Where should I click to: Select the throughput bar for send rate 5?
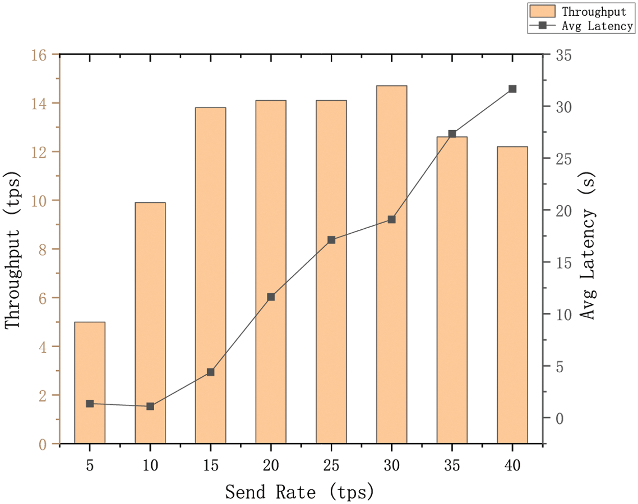click(90, 383)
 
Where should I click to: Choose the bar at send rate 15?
click(210, 276)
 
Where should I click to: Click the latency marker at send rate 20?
click(271, 297)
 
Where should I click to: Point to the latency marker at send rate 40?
click(512, 89)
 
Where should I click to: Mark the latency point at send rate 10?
click(150, 406)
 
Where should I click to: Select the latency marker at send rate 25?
click(331, 240)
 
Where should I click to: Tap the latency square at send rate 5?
click(90, 404)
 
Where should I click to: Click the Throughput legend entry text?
click(594, 12)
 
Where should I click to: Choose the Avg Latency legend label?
click(597, 26)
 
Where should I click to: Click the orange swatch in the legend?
click(543, 11)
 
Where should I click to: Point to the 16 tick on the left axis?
click(39, 55)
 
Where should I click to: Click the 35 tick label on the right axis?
click(563, 55)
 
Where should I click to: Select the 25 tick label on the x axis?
click(331, 465)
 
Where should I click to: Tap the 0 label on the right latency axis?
click(559, 419)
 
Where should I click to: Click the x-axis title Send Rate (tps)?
click(300, 492)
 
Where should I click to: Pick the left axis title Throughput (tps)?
click(13, 250)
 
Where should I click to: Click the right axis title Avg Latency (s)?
click(588, 245)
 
